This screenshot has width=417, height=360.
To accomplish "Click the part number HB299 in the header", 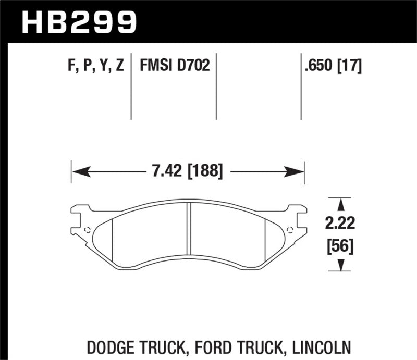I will (78, 21).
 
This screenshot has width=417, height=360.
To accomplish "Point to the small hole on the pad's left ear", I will (87, 230).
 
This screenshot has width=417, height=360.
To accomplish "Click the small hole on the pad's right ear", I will (289, 230).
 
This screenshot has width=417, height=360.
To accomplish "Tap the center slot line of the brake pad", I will (188, 234).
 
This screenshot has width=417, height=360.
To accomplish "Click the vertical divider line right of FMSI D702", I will (216, 86).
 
